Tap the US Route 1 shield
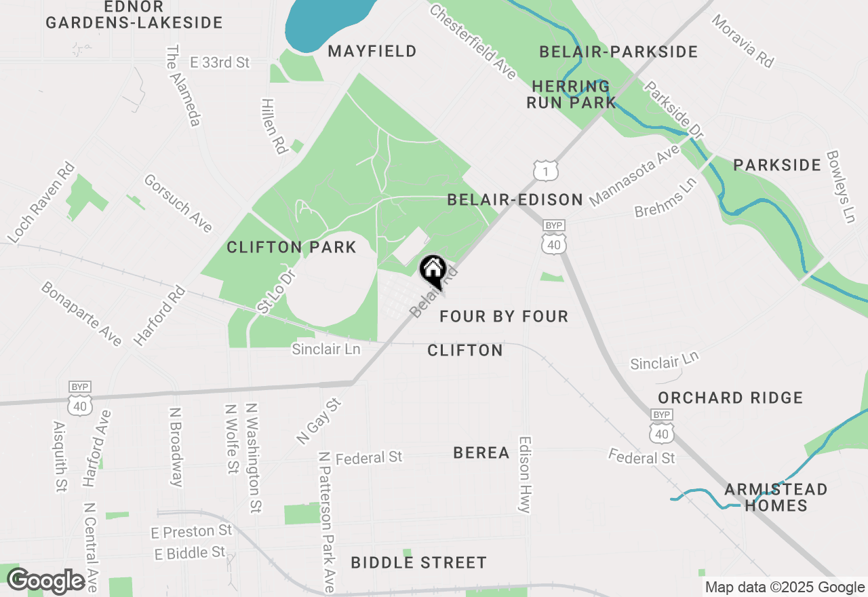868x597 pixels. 545,170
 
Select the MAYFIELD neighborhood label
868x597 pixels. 372,51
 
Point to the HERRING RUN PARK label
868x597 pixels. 574,94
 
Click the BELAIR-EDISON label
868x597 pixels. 515,199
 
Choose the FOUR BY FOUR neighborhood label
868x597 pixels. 504,316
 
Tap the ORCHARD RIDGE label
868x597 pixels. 730,398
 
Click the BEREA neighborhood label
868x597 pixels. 481,452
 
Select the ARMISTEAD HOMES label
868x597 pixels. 776,497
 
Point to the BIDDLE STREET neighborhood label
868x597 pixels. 418,562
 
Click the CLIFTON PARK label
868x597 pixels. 292,247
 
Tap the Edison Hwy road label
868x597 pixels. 526,474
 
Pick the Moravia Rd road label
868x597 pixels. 743,41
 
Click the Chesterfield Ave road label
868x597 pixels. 473,42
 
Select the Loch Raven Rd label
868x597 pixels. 41,202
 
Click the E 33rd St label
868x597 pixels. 220,62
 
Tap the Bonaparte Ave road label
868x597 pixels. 81,313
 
